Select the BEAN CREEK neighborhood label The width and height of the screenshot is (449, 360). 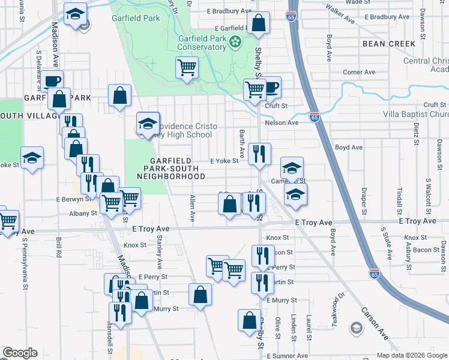[388, 44]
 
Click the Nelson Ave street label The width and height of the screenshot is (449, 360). [282, 123]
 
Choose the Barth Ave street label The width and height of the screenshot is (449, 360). [242, 144]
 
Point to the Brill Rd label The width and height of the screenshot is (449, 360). [59, 247]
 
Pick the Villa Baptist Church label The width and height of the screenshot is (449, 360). [416, 115]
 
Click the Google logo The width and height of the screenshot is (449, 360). [20, 353]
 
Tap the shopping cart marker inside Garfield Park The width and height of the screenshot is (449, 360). [187, 67]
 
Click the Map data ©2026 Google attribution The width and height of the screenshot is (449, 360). [411, 355]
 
